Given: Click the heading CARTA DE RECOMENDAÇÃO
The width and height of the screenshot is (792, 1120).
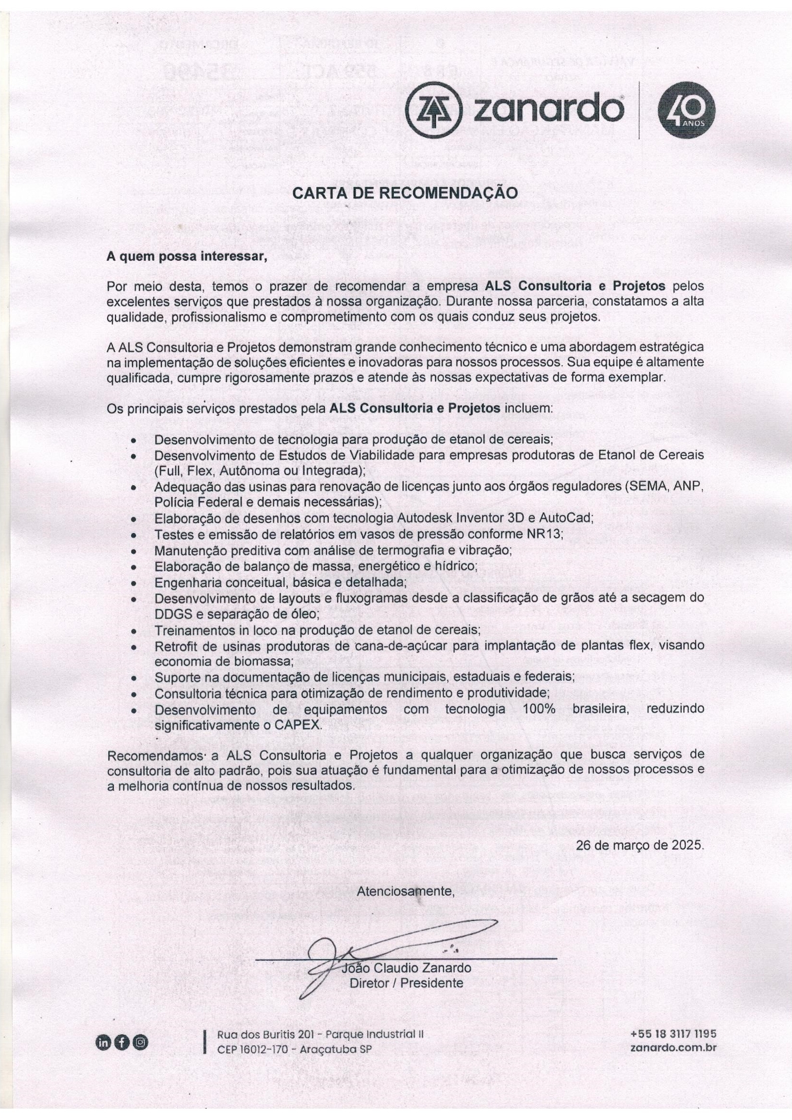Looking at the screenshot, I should coord(405,193).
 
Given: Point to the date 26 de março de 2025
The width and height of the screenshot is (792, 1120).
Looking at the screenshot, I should coord(640,846).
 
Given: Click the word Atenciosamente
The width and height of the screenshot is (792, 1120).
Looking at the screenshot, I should coord(405,891).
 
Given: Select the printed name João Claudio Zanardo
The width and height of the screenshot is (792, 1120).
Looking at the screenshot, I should coord(406,968).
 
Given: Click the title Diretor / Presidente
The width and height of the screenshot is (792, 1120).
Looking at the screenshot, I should coord(406,983).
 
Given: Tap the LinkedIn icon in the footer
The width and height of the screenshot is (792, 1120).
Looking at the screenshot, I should coord(104,1042).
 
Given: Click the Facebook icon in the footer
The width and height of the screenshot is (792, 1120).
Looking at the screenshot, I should coord(122,1042).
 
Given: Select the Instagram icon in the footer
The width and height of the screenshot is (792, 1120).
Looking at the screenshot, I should coord(140,1042).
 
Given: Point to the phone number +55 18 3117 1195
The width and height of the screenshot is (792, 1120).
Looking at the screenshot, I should coord(673,1034).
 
